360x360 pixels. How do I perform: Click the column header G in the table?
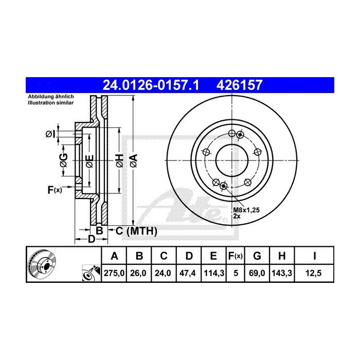tap(258, 256)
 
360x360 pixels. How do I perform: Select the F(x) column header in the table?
tap(235, 256)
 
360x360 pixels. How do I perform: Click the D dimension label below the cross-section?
tap(91, 239)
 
